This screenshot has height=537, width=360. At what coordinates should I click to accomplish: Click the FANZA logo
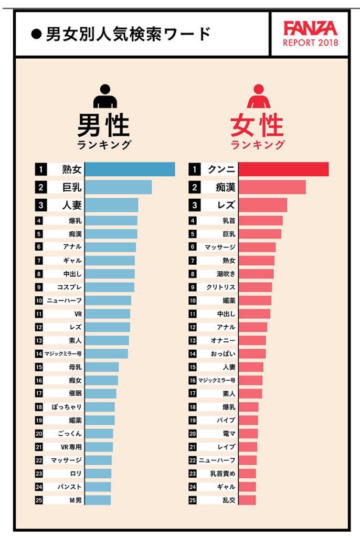point(310,28)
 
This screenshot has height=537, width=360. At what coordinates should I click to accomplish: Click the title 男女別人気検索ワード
point(128,34)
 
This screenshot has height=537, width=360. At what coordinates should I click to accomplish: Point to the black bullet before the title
point(37,35)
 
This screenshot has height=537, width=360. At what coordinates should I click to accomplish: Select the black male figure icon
point(105,96)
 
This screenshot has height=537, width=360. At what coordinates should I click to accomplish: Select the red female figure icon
point(257,96)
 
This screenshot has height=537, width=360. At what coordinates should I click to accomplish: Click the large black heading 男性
point(103,126)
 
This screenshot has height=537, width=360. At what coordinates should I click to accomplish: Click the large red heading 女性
point(257,126)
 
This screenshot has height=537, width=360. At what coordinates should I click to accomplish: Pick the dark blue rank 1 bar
point(130,169)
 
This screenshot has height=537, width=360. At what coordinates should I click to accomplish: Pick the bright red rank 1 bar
point(283,169)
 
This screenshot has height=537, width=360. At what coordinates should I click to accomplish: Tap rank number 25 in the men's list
point(39,500)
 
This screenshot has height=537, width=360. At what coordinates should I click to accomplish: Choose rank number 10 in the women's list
point(193,300)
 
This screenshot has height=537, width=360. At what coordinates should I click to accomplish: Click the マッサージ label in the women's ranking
point(220,247)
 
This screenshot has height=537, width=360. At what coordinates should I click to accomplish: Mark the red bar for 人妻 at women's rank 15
point(251,367)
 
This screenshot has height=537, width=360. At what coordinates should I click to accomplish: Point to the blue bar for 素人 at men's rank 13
point(107,340)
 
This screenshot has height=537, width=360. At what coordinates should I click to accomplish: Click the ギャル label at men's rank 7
point(72,260)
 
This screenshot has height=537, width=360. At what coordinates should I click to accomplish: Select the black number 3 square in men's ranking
point(40,205)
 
